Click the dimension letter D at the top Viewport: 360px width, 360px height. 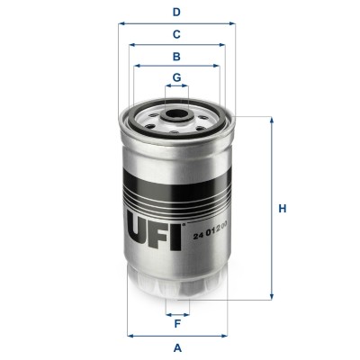click(x=177, y=13)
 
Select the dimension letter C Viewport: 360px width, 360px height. click(x=177, y=34)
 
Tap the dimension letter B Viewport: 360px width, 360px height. click(x=177, y=56)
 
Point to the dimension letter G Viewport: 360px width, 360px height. click(x=177, y=76)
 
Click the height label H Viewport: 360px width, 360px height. click(x=282, y=210)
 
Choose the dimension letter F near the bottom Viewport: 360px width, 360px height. click(x=177, y=325)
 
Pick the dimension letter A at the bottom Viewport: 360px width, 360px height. click(x=177, y=347)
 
